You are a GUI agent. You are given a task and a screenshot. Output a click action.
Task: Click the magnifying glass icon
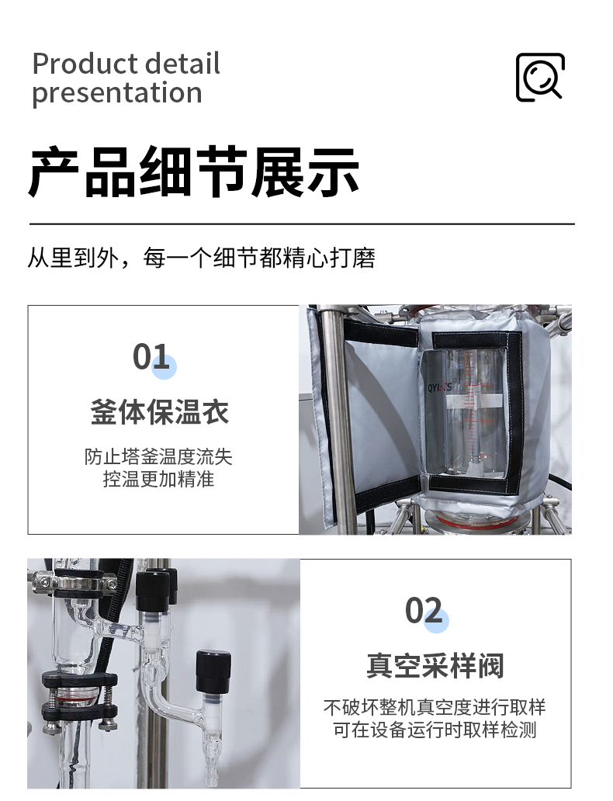tap(540, 77)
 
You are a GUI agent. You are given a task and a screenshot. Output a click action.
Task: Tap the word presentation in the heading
tap(117, 93)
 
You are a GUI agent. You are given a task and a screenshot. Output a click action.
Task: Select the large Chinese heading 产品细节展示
tap(194, 172)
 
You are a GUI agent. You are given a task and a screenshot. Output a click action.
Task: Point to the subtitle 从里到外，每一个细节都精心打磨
tap(201, 258)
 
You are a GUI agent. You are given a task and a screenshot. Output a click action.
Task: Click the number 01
tap(151, 356)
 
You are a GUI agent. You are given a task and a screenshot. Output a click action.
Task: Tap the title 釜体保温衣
tap(159, 411)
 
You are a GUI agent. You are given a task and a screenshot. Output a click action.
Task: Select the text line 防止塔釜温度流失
tap(158, 456)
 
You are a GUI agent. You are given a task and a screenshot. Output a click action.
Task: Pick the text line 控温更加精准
tap(158, 479)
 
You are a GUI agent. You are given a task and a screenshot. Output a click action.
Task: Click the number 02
tap(424, 611)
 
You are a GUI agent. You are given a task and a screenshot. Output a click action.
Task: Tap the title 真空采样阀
tap(435, 665)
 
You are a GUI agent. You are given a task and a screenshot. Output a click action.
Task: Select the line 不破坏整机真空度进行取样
tap(435, 708)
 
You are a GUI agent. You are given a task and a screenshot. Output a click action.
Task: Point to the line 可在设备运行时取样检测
tap(435, 730)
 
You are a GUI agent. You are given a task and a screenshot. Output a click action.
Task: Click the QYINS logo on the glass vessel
tap(439, 388)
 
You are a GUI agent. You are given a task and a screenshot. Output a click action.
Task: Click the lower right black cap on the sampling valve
tap(213, 671)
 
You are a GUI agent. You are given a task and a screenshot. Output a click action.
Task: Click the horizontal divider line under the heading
tap(302, 224)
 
